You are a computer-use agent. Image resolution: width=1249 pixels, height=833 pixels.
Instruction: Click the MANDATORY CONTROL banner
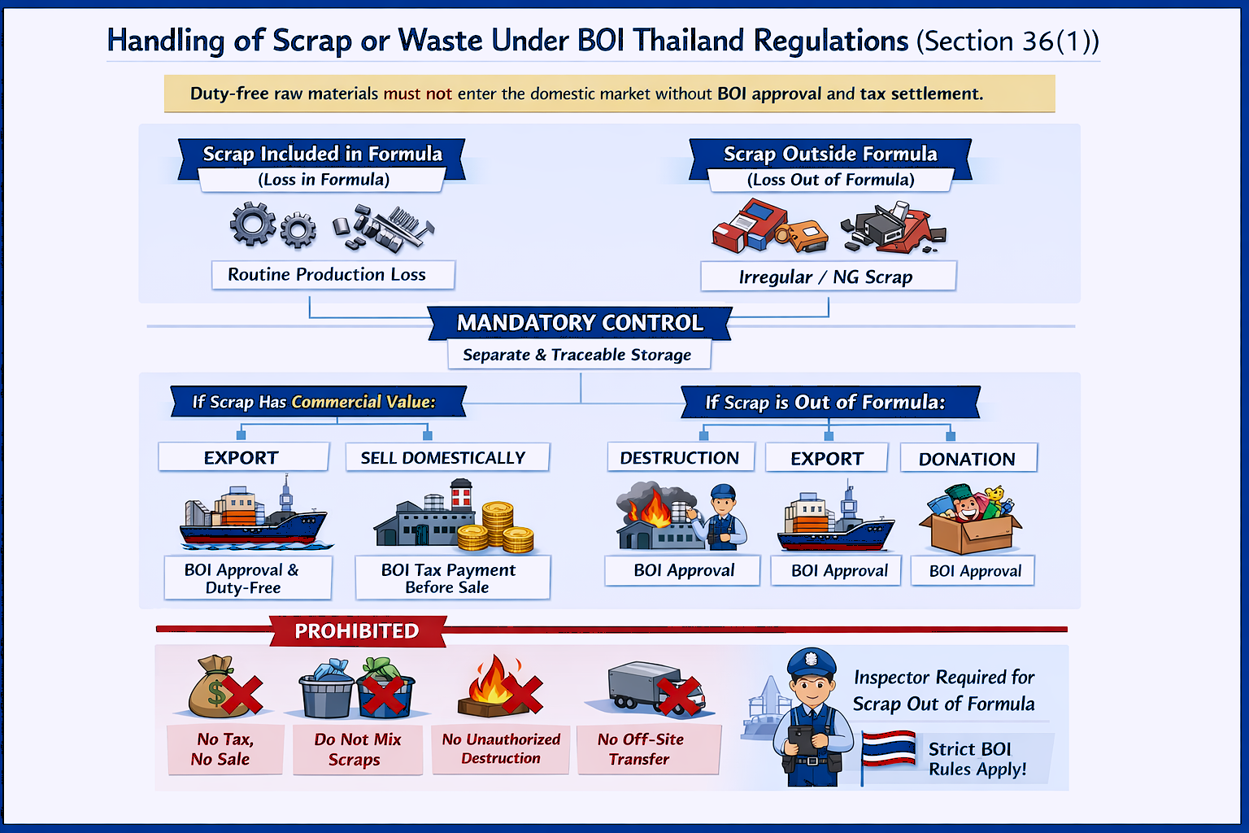[580, 323]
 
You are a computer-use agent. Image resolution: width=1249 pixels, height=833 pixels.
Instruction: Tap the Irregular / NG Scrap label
[827, 277]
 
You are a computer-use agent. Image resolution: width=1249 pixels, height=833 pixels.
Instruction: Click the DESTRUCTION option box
[680, 458]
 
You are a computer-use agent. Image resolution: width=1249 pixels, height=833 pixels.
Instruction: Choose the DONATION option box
[968, 459]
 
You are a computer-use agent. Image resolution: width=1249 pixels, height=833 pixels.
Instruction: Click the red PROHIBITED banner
[357, 631]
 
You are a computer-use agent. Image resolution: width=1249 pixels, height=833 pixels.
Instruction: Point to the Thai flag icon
[888, 750]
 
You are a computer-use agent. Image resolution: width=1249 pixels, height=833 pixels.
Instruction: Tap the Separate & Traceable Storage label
[577, 355]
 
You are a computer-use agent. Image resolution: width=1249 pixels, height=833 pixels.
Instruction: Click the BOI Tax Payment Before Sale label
[450, 578]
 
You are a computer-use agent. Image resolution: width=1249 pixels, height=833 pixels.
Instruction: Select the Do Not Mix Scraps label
[357, 749]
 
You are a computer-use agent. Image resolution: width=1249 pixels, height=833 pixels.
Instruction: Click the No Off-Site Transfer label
[641, 749]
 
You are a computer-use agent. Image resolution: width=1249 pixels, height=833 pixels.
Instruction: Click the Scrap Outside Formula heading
[830, 155]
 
